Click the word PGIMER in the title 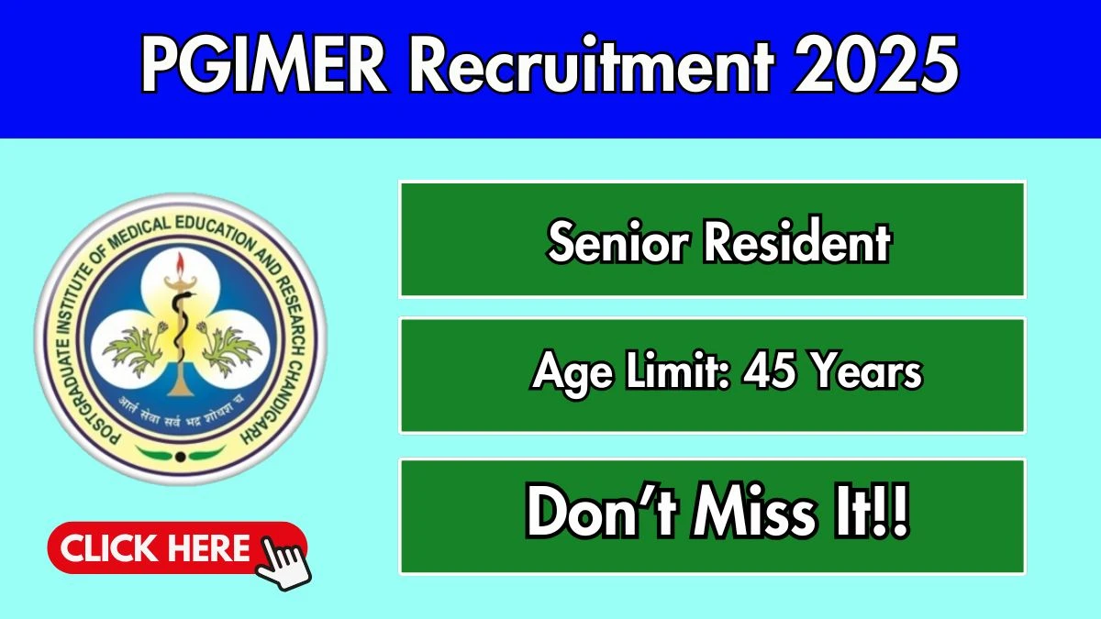pos(264,65)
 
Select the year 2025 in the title pos(876,65)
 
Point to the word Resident pos(797,240)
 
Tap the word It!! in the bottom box pos(870,513)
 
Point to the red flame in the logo pos(181,265)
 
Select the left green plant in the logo pos(134,348)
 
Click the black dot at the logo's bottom pos(181,457)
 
